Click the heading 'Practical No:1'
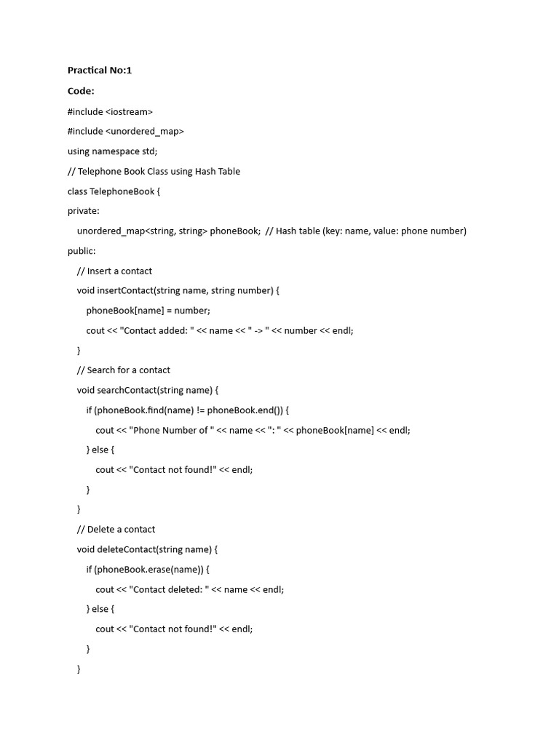tap(100, 71)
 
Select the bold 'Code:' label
tap(81, 91)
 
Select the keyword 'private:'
tap(84, 211)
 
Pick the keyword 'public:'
tap(82, 251)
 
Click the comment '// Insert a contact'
tap(114, 271)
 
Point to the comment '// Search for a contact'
tap(124, 370)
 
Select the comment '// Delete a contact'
tap(116, 529)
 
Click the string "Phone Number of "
tap(171, 430)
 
